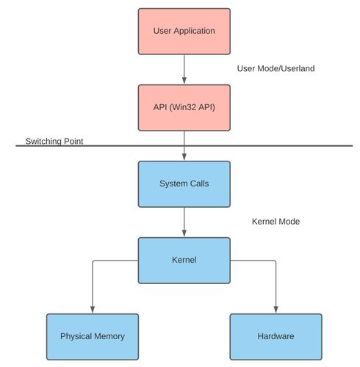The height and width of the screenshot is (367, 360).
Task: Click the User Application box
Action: [184, 32]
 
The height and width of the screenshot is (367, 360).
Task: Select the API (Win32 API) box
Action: [184, 107]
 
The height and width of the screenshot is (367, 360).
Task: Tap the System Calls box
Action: [184, 183]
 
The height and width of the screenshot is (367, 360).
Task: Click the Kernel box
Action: [184, 260]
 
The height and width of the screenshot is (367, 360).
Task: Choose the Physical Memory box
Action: [92, 336]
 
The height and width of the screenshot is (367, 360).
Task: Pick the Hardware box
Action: [276, 336]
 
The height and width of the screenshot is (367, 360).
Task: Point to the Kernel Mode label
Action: [276, 221]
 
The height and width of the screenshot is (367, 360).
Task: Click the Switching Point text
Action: [53, 140]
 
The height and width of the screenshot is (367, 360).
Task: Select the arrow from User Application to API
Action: [184, 69]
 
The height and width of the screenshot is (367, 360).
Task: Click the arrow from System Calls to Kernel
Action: [184, 222]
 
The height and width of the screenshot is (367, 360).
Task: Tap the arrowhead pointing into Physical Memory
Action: [92, 310]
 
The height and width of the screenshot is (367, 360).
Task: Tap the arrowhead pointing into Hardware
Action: [276, 310]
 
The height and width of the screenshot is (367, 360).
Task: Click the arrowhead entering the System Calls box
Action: [184, 157]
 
